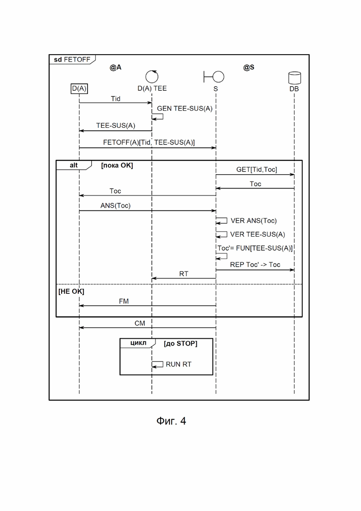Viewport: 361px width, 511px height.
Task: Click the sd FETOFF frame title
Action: (72, 59)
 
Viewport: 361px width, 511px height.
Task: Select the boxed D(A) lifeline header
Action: (79, 88)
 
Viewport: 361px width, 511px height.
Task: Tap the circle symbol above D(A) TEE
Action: (152, 76)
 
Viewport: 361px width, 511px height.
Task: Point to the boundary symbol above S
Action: (214, 76)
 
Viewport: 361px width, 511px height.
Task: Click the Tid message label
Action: (116, 99)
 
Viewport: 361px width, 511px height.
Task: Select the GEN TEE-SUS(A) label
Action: (185, 108)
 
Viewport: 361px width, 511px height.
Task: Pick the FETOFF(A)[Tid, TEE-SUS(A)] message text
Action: (149, 142)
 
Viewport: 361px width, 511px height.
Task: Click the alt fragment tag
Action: (74, 165)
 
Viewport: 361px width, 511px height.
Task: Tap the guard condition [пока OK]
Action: (117, 165)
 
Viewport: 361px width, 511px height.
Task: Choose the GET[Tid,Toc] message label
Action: (256, 170)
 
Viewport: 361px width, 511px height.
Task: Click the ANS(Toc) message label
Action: (115, 206)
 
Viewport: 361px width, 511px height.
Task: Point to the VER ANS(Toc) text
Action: (254, 221)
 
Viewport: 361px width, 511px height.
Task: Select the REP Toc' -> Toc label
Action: (255, 265)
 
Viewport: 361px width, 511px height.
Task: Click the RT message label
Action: (184, 274)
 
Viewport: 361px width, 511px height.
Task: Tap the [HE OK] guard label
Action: (71, 291)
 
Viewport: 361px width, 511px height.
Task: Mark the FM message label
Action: (124, 302)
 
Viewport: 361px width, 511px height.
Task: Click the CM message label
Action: (140, 323)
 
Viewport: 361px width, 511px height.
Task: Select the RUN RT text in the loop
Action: (178, 364)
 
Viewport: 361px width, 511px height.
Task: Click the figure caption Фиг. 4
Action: (171, 421)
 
